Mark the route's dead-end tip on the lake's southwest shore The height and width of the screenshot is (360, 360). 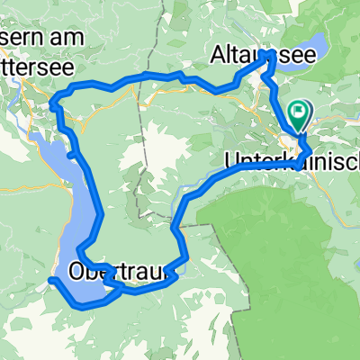50,281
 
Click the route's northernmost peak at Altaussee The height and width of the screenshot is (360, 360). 270,56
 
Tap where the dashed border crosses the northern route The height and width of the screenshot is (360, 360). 141,79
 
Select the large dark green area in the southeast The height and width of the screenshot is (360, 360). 288,261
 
